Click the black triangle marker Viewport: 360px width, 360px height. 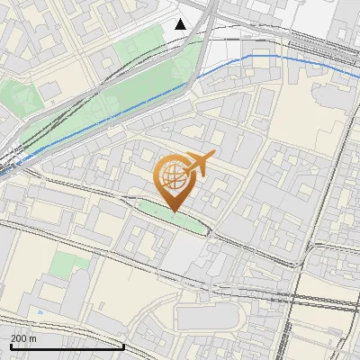(x=181, y=23)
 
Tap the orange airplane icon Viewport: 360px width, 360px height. (x=196, y=164)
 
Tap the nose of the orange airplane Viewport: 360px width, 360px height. (x=212, y=157)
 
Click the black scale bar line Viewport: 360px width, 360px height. (x=67, y=346)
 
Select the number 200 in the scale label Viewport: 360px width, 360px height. (x=18, y=338)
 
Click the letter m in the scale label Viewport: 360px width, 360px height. (x=33, y=338)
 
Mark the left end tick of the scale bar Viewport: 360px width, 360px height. (x=11, y=345)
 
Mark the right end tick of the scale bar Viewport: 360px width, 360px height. (x=123, y=345)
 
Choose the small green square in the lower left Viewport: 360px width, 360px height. (x=64, y=265)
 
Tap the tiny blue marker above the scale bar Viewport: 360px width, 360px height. (x=40, y=312)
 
